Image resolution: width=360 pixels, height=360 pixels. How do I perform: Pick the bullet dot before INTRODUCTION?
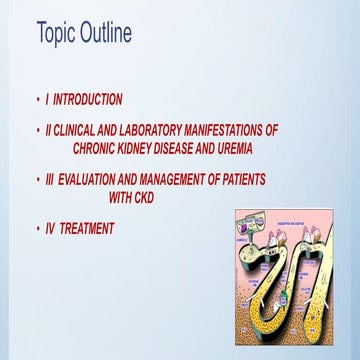[x=37, y=100]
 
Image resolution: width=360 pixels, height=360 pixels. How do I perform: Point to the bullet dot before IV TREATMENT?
[x=37, y=229]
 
